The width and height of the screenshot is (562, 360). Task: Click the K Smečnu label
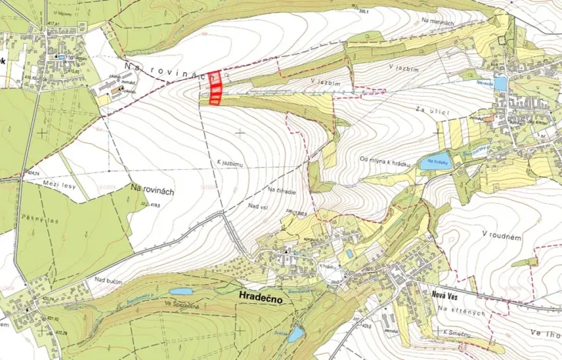[x=457, y=332]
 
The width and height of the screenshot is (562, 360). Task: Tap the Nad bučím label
[x=109, y=282]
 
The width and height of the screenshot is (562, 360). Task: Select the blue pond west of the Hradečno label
[x=180, y=292]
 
